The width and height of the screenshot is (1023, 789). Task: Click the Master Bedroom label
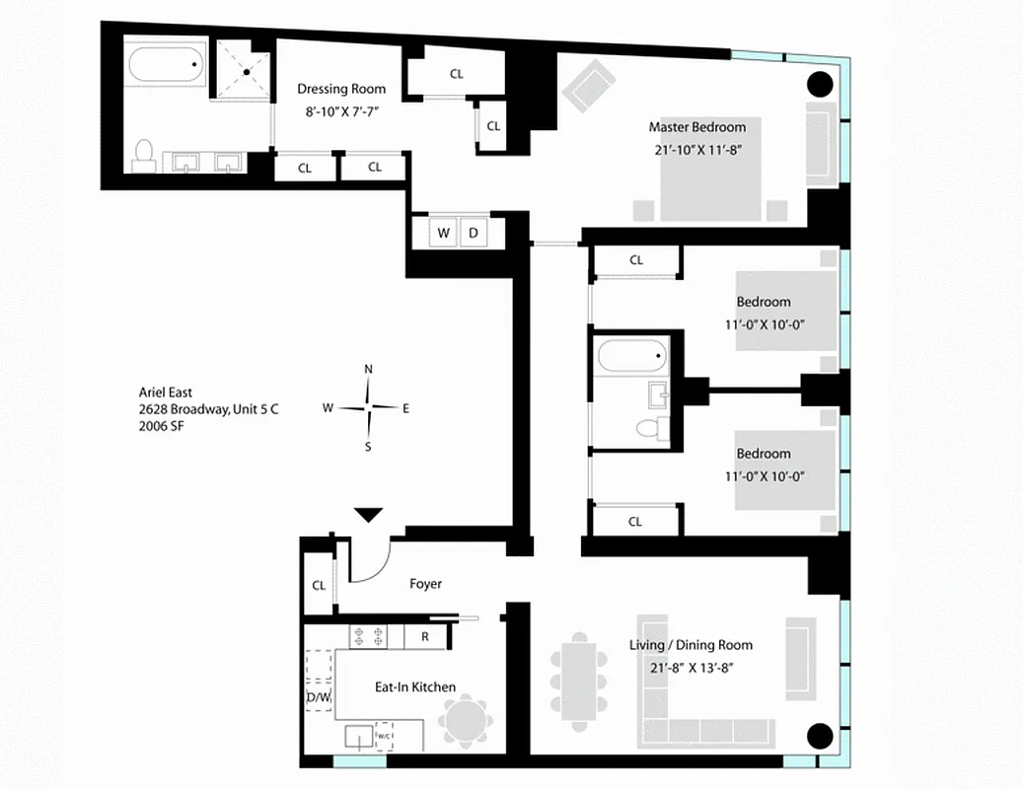point(696,127)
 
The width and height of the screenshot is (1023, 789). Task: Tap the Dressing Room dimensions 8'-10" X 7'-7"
point(341,111)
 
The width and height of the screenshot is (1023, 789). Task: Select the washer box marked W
point(444,234)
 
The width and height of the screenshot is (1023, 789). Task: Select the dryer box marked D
point(473,234)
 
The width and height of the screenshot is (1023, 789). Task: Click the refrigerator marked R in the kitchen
point(424,636)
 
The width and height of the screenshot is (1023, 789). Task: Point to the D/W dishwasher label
point(318,698)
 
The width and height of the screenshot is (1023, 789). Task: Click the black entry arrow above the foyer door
point(369,514)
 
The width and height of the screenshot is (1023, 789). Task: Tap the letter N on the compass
point(369,370)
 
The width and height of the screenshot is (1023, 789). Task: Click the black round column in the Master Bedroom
point(821,84)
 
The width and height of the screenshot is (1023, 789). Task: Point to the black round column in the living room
point(821,736)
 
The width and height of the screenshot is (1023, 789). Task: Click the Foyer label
point(425,584)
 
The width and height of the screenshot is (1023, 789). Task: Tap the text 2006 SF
point(162,427)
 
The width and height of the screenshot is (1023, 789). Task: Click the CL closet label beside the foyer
point(319,585)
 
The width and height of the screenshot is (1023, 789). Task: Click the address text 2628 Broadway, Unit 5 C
point(208,409)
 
